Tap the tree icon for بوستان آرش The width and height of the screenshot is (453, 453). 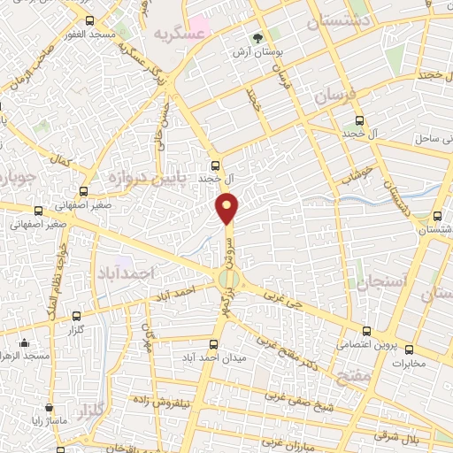pyautogui.click(x=257, y=38)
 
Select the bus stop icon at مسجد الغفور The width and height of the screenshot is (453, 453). pyautogui.click(x=89, y=19)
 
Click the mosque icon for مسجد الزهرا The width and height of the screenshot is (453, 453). pyautogui.click(x=24, y=342)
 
